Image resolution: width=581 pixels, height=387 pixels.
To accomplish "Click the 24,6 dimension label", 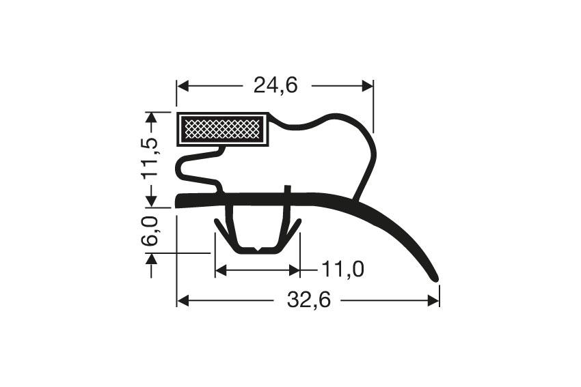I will point(275,85).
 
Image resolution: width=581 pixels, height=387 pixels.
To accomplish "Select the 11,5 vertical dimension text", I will point(152,158).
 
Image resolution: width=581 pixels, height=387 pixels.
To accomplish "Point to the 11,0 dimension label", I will point(342,270).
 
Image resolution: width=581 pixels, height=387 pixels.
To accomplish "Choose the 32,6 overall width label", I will point(308,300).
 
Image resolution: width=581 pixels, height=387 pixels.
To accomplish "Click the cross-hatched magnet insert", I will point(222,128).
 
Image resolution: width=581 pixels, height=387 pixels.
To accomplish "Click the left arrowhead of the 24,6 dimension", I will point(182,85).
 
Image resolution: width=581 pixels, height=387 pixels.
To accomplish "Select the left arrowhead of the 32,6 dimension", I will point(182,300).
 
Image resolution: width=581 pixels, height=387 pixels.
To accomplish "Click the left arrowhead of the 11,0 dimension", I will point(219,270).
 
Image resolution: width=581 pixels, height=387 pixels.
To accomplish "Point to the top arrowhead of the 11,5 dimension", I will point(152,117).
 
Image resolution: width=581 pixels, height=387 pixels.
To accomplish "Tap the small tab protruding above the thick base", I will point(288,189).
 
